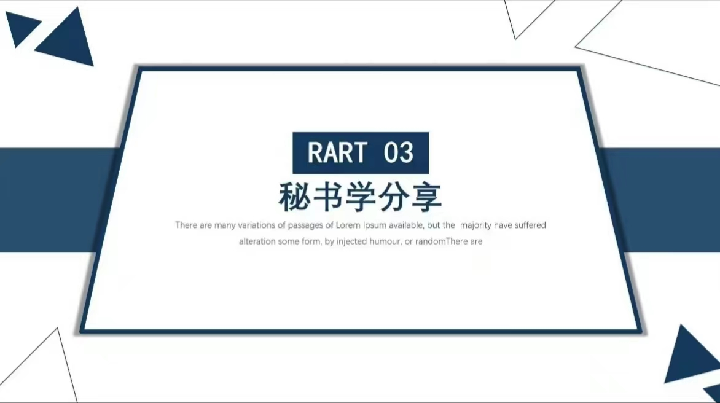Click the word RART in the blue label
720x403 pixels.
point(337,152)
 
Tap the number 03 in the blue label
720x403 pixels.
point(399,152)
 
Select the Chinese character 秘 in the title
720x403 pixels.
point(294,197)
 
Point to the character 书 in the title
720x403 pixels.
point(327,197)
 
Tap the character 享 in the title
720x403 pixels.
point(426,197)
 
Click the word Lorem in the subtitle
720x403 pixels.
point(348,225)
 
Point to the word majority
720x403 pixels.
point(475,225)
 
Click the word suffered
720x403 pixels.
point(530,225)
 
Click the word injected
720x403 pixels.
point(352,242)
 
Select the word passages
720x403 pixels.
point(305,225)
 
